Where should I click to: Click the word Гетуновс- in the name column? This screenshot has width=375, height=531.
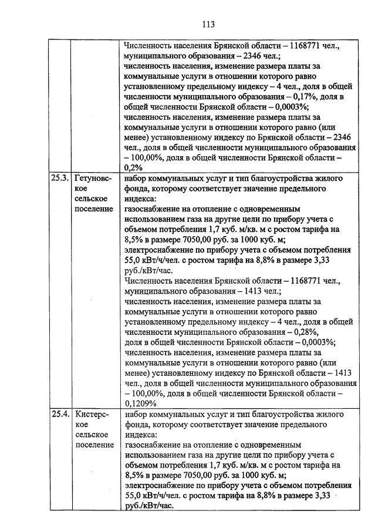click(94, 177)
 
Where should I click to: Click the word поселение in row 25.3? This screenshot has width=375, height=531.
click(94, 209)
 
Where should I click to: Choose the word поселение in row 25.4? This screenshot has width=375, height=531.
click(94, 445)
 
